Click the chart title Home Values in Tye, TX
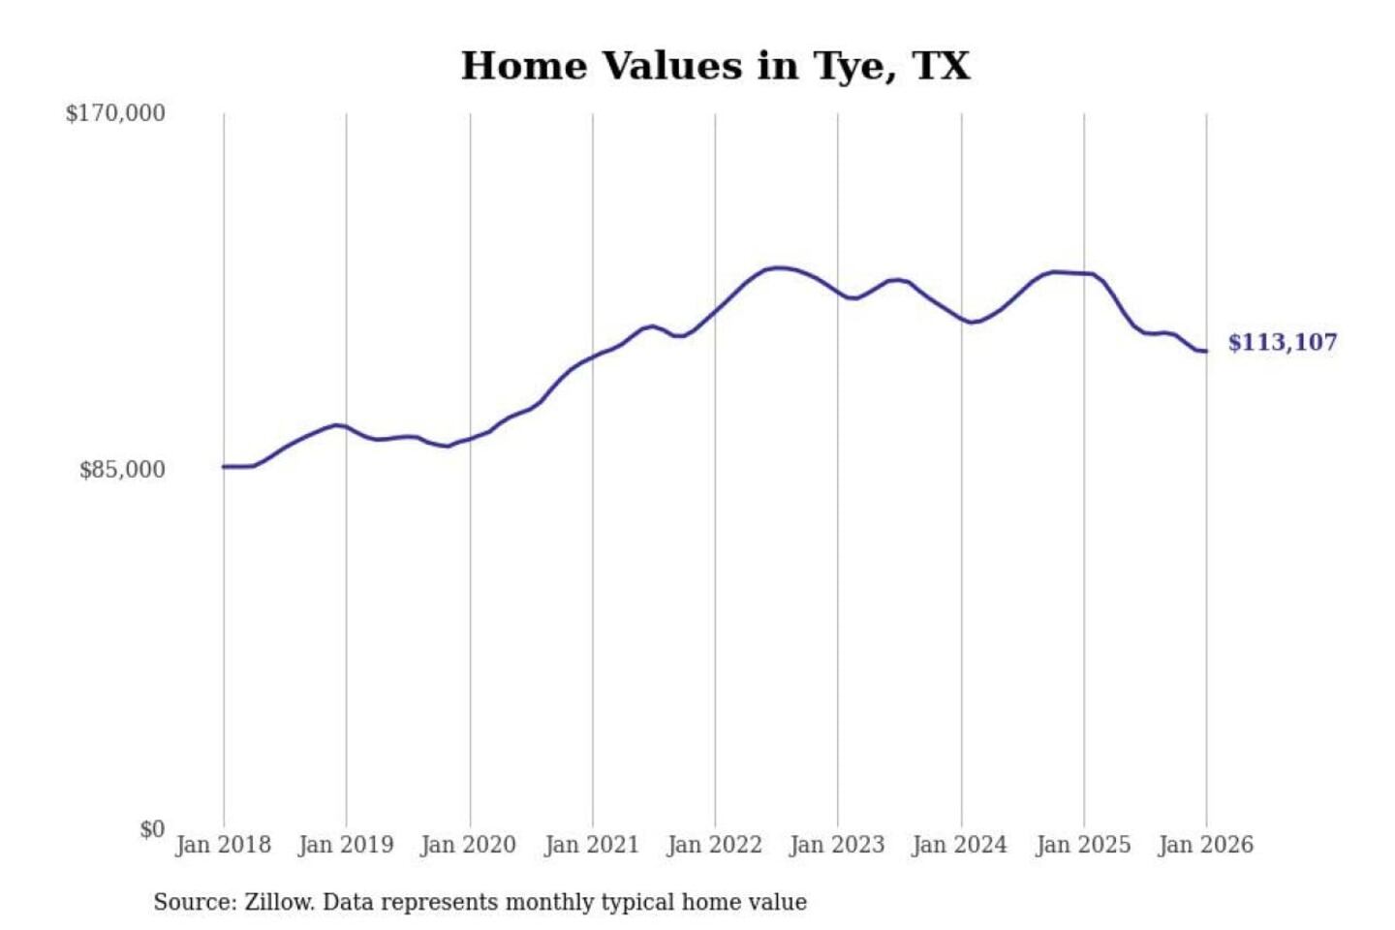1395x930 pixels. tap(715, 66)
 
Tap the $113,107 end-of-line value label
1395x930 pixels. tap(1282, 343)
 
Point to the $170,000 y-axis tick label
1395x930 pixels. tap(115, 113)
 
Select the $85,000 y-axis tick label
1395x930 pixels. tap(122, 470)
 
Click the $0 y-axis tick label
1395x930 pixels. tap(152, 829)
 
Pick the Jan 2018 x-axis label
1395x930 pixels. tap(223, 845)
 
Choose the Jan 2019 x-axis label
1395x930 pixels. tap(346, 845)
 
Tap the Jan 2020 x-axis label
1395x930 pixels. tap(469, 845)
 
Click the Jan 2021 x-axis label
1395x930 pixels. tap(592, 845)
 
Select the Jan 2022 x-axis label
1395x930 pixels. tap(715, 845)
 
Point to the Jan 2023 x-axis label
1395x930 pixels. tap(837, 845)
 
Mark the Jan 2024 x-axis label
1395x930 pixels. tap(960, 845)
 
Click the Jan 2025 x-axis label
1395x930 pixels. tap(1083, 845)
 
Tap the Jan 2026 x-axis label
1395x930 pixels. tap(1206, 845)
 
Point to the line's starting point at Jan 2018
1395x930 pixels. tap(224, 467)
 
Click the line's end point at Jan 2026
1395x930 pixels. tap(1206, 351)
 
